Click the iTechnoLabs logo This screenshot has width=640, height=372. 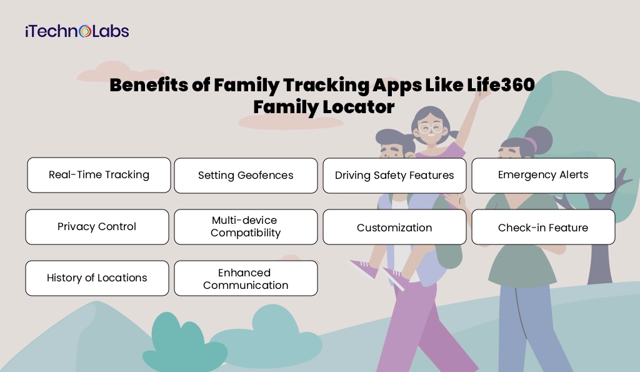coord(77,31)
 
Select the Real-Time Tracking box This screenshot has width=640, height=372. coord(99,175)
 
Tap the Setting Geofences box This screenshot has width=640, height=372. coord(246,176)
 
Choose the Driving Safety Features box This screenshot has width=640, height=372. coord(394,176)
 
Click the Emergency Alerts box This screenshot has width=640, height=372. coord(543,175)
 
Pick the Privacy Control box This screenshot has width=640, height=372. coord(97,227)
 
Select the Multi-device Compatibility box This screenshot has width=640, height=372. coord(246,227)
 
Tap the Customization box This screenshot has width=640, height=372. coord(394,228)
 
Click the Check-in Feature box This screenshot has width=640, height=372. coord(543,228)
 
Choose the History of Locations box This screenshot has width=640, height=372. coord(97,278)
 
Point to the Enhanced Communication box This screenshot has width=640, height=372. coord(246,279)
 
